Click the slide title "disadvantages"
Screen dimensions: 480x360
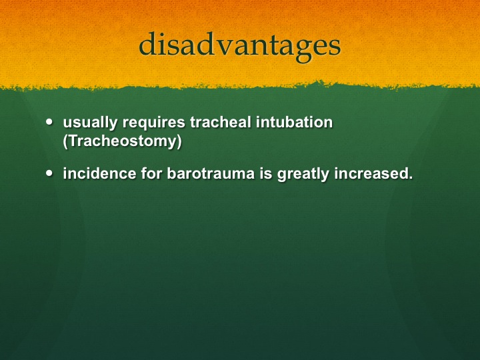pos(240,45)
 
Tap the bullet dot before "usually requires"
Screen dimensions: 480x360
pos(49,121)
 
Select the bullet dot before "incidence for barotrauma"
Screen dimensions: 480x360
pos(49,173)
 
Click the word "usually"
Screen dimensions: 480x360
pos(90,123)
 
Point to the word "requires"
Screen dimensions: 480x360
pos(154,123)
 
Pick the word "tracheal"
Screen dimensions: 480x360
pos(221,121)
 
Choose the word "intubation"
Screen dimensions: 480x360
pos(294,121)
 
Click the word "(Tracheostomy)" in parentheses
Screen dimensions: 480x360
pos(122,141)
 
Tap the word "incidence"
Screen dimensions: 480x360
pos(99,173)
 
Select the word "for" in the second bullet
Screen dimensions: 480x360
pos(151,173)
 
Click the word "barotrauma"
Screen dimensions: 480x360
pos(211,173)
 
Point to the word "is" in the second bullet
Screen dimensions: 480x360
pos(266,173)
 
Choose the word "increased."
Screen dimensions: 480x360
pos(373,173)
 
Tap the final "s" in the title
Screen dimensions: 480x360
pos(335,47)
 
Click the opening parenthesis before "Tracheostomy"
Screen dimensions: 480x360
pos(65,141)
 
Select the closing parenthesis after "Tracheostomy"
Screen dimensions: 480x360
pos(179,141)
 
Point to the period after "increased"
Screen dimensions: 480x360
pos(411,178)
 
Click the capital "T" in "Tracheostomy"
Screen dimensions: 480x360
pos(72,141)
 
